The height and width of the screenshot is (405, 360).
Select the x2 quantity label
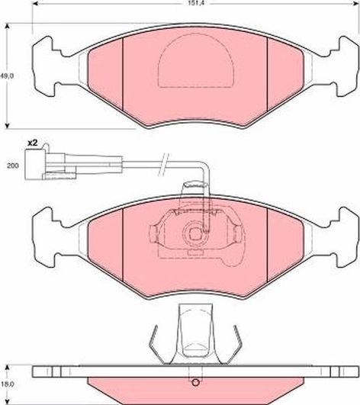point(32,143)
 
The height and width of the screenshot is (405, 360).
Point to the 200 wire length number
point(11,165)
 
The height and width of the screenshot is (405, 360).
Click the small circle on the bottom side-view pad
point(196,384)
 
